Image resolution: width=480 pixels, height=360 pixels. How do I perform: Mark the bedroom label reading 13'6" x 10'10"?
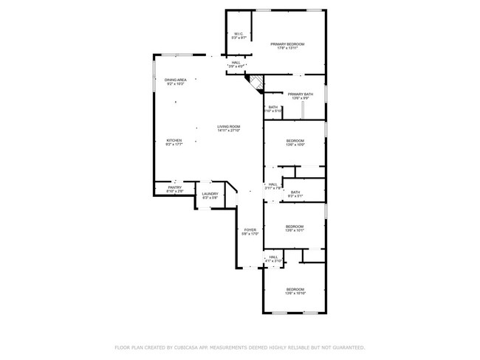(295, 291)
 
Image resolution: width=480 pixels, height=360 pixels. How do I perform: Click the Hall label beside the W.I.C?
(236, 64)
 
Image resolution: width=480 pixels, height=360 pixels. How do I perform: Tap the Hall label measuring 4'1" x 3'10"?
(273, 259)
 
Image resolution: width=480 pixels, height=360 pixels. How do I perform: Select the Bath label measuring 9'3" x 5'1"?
(295, 194)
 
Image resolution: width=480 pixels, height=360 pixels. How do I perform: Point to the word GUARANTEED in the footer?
(347, 347)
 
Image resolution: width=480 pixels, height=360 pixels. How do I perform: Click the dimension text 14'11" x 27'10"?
(228, 131)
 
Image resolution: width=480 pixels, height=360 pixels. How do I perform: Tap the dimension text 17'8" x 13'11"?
(287, 49)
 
